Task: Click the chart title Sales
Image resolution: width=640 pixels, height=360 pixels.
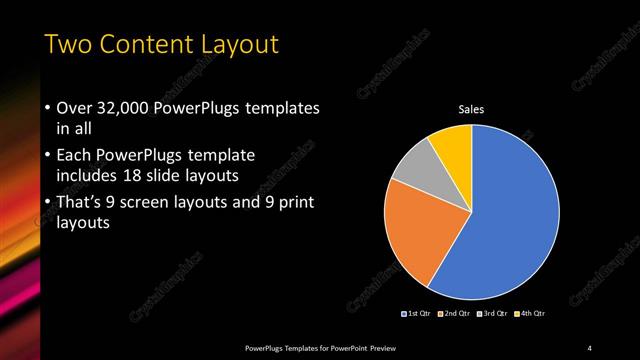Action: [471, 109]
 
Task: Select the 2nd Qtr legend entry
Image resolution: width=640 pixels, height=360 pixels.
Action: [456, 313]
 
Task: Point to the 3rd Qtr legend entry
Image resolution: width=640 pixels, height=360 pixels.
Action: [494, 313]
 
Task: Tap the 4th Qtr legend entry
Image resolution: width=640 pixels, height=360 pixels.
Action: [531, 313]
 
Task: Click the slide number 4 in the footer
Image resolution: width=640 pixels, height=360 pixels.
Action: [589, 347]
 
